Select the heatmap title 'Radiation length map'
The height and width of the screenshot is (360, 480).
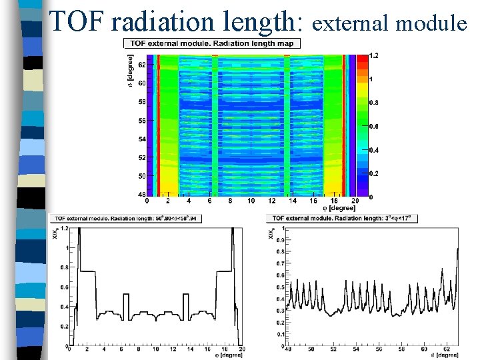point(260,43)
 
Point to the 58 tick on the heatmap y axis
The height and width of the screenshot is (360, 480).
point(141,103)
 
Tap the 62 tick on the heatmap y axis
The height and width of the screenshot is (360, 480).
point(141,65)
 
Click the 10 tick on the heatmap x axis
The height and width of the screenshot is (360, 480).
point(251,201)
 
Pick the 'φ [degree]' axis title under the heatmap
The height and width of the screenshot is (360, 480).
point(339,208)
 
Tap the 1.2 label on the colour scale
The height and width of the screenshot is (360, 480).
point(375,55)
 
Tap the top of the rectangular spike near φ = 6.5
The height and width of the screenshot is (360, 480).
point(127,294)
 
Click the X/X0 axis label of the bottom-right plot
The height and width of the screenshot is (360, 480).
point(271,233)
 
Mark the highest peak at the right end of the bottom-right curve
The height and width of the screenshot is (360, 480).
point(458,248)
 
